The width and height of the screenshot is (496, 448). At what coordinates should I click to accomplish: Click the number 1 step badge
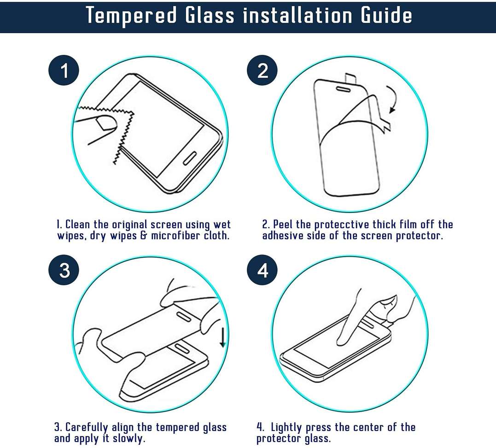pos(64,70)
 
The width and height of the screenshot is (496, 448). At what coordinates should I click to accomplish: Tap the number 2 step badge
pos(262,70)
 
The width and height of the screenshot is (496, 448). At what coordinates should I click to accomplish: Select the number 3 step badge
pos(64,270)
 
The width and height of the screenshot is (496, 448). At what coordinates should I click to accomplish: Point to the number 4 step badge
pos(262,270)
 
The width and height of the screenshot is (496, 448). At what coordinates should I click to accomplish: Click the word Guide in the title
pos(386,15)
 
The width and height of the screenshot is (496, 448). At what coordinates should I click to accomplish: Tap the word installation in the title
pos(298,15)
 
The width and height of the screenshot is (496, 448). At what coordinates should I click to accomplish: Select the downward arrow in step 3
pos(223,337)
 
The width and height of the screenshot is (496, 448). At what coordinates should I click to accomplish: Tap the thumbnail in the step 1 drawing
pos(106,123)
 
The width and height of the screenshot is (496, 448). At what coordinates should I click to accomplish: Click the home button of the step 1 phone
pos(190,158)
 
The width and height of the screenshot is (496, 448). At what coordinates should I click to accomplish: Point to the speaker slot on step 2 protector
pos(343,89)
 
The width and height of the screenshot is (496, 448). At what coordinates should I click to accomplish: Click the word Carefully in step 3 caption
pos(87,428)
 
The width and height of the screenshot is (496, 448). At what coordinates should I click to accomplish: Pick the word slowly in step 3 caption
pos(129,439)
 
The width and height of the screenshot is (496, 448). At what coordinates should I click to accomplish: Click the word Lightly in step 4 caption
pos(286,428)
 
